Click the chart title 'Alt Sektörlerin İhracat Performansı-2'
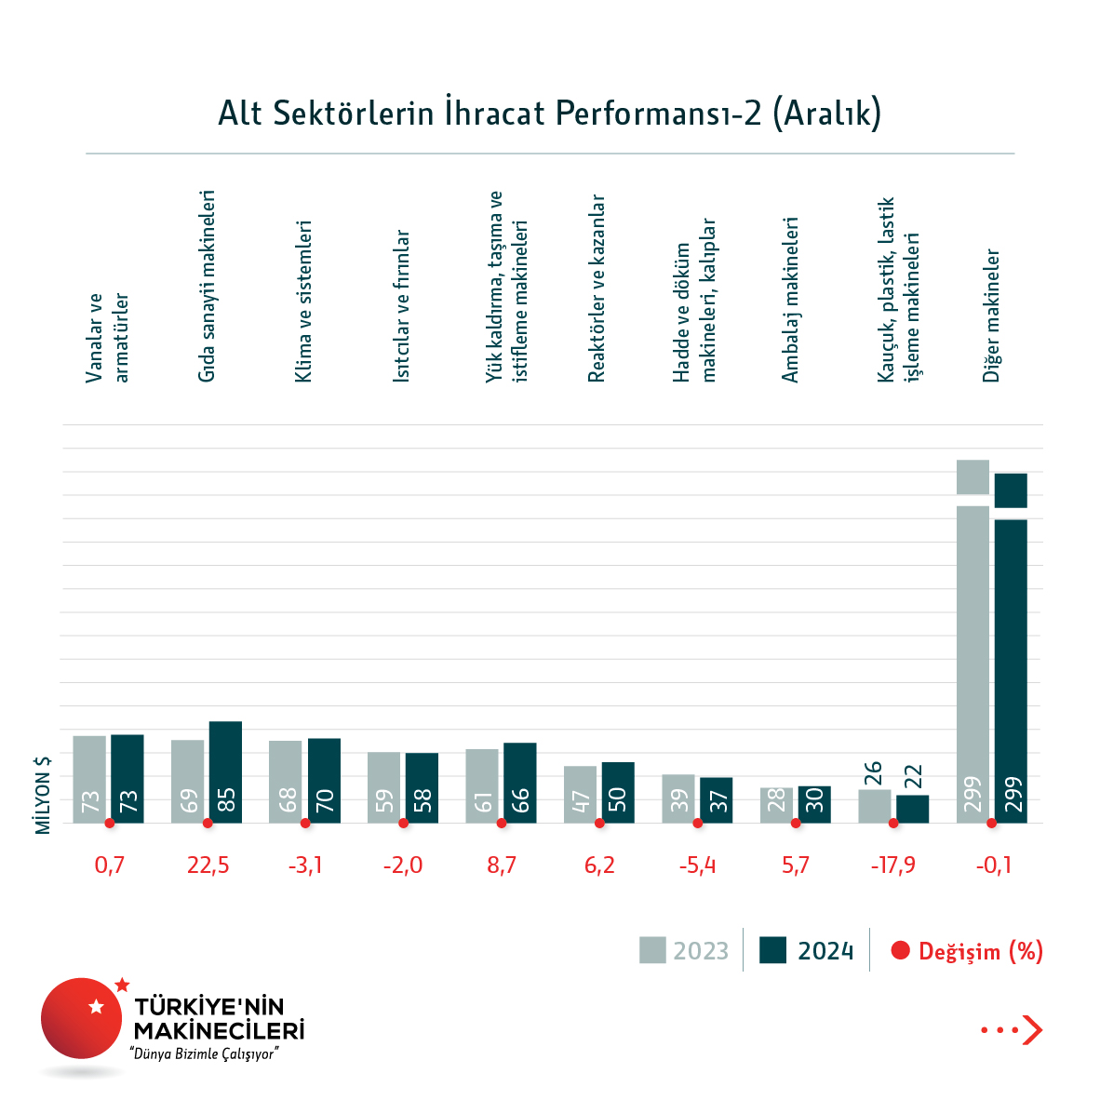point(549,114)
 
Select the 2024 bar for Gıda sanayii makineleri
point(225,771)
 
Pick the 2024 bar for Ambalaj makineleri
point(814,804)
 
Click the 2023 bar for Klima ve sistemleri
point(286,781)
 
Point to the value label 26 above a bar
point(873,773)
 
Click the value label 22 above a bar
point(913,776)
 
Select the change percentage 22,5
point(208,865)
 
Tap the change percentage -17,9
point(893,865)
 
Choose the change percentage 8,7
point(502,865)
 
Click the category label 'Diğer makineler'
point(992,315)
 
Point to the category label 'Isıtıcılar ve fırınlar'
point(401,306)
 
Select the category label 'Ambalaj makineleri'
point(791,300)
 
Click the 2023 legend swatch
point(652,950)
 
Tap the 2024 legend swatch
point(773,950)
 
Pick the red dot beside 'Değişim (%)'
point(900,951)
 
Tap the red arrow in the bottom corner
point(1031,1030)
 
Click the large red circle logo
point(81,1018)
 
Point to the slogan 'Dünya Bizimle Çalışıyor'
point(206,1054)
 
